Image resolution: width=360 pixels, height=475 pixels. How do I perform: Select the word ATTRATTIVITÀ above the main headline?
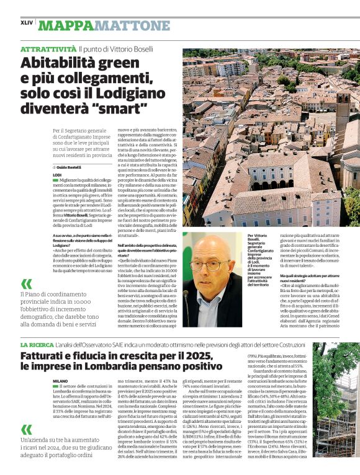tap(48, 48)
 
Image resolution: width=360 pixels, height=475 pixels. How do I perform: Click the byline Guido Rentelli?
tap(69, 167)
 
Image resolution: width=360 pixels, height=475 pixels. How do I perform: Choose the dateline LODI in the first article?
tap(58, 175)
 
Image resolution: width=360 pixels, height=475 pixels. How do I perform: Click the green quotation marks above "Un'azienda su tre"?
tap(27, 429)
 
